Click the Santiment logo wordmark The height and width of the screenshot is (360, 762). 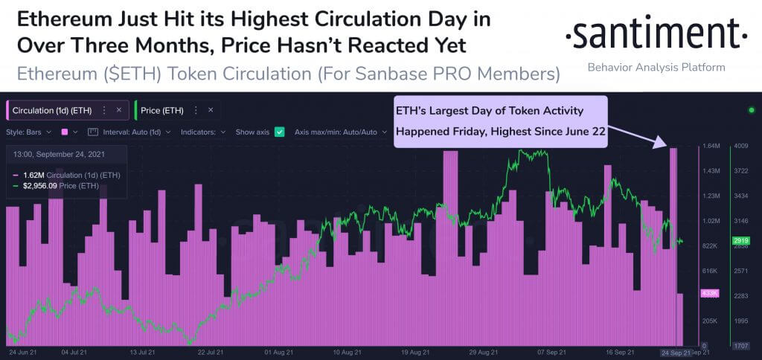[656, 33]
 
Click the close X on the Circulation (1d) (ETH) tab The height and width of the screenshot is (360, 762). [118, 110]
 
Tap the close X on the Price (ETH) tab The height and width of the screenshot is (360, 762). [211, 110]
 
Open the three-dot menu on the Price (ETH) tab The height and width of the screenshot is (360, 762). [195, 110]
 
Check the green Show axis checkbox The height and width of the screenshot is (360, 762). [280, 132]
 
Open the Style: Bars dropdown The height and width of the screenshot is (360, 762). [29, 132]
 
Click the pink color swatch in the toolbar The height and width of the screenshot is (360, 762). [65, 132]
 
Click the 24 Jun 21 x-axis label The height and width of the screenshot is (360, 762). [23, 352]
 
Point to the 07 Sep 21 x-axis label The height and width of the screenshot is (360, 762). [551, 352]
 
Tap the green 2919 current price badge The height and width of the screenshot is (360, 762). [740, 241]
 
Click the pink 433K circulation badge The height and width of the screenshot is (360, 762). [709, 294]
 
